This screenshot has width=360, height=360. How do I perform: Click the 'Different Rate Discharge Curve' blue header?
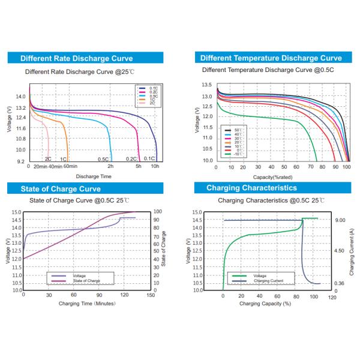76,58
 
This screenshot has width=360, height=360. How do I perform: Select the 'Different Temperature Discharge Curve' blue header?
271,58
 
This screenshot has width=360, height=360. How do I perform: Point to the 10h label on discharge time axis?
155,166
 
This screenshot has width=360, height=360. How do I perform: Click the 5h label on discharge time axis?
139,166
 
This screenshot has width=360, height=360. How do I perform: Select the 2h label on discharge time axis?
110,166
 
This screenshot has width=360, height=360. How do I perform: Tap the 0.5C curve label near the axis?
103,159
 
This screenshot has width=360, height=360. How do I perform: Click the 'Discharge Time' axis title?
93,176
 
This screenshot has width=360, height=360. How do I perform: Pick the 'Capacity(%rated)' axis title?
273,176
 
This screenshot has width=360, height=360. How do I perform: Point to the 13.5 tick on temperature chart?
206,85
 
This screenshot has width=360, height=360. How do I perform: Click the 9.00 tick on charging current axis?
340,220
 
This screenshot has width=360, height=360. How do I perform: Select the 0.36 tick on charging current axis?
340,283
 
